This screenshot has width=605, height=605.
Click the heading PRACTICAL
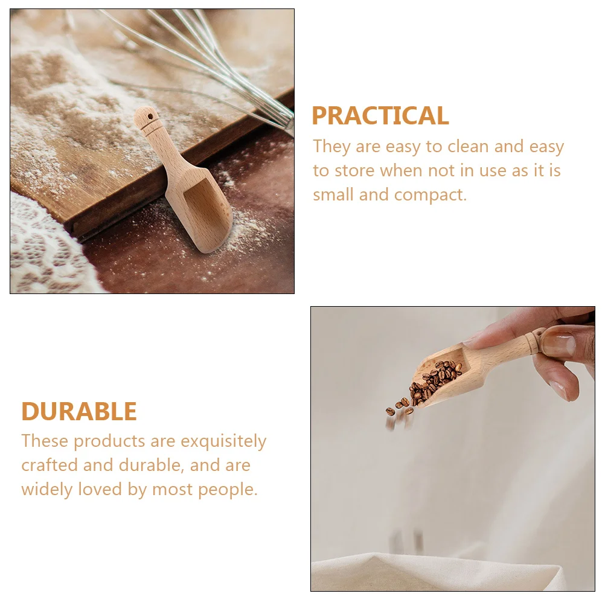point(380,116)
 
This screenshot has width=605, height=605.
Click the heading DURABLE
point(79,412)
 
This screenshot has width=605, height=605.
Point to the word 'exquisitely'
point(223,441)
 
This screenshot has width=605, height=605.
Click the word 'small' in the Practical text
point(333,195)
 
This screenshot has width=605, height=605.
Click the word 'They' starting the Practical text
point(331,147)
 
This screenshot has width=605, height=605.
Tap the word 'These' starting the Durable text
point(45,441)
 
